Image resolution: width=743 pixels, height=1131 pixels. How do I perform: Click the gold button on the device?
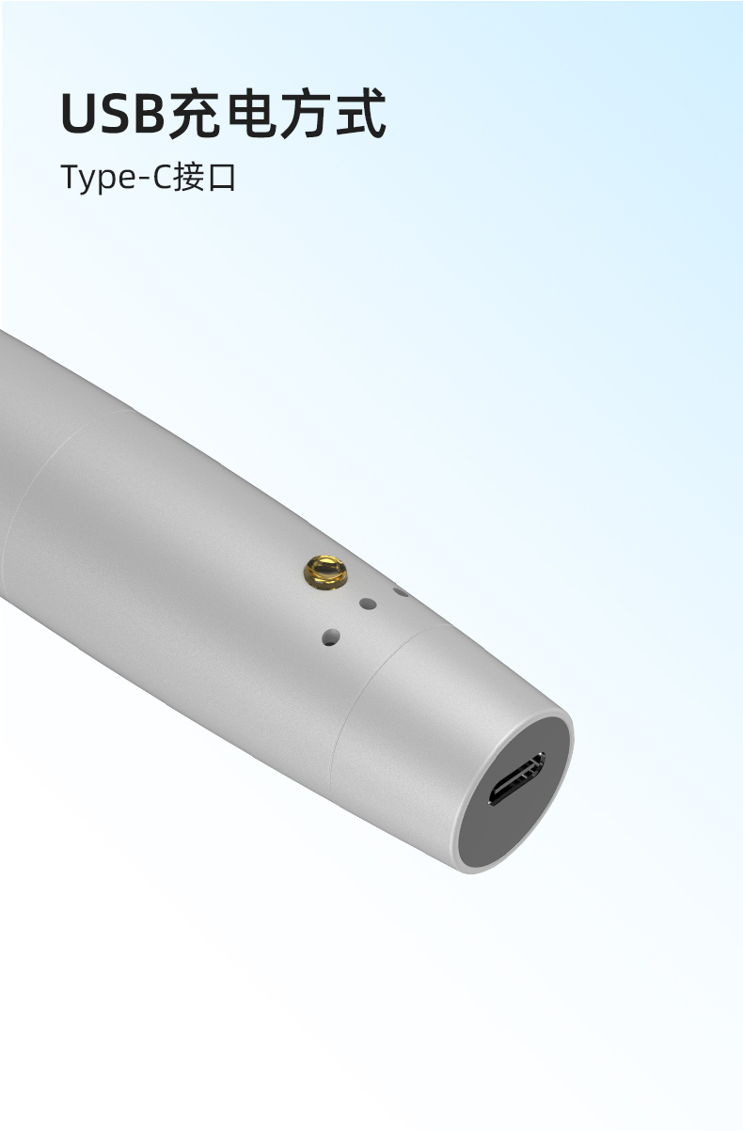[325, 572]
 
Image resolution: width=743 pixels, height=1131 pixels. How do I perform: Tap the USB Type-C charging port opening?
[516, 780]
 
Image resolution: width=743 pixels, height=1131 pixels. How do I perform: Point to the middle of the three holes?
[368, 604]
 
